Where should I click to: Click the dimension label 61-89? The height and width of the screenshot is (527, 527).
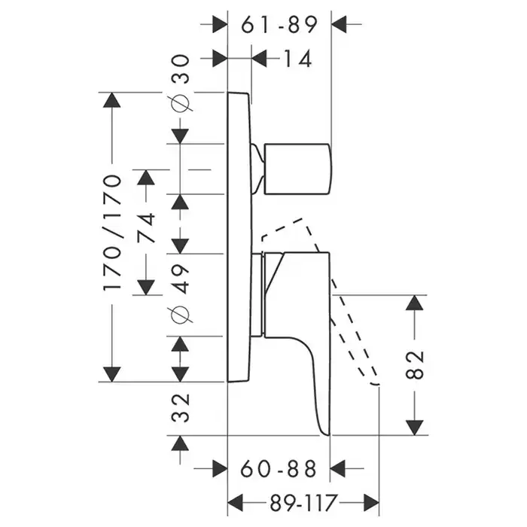click(x=279, y=24)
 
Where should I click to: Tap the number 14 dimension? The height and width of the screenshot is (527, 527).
click(x=294, y=58)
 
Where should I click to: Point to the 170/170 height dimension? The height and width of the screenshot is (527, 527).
click(x=111, y=234)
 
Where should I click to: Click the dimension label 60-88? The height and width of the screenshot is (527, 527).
click(x=279, y=470)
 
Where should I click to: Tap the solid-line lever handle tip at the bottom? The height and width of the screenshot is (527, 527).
click(x=326, y=430)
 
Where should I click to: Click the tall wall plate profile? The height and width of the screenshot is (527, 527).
click(x=239, y=237)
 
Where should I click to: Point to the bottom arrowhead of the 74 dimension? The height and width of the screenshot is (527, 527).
click(x=146, y=287)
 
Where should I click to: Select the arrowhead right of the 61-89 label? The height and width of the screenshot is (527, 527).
click(x=341, y=24)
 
